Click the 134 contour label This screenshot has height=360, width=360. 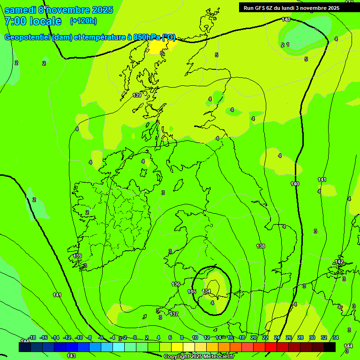coord(206,291)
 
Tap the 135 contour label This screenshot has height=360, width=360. coord(192,292)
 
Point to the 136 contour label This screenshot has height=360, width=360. coord(176,284)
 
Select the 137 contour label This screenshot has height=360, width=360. coord(174,314)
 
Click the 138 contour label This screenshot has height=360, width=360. coord(261,246)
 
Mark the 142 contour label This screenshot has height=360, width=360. coord(339,262)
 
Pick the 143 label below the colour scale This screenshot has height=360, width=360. coord(71,356)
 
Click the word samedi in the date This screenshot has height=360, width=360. coord(20,10)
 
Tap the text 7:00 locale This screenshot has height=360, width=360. coord(33,21)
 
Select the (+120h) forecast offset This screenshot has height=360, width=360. coord(83,21)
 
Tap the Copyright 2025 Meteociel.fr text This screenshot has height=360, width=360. coord(199,356)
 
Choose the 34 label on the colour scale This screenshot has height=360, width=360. coord(336,337)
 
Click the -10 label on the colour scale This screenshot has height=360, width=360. coord(79,337)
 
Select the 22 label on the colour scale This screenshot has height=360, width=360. coord(265,337)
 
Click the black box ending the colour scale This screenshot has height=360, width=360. coord(330,347)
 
